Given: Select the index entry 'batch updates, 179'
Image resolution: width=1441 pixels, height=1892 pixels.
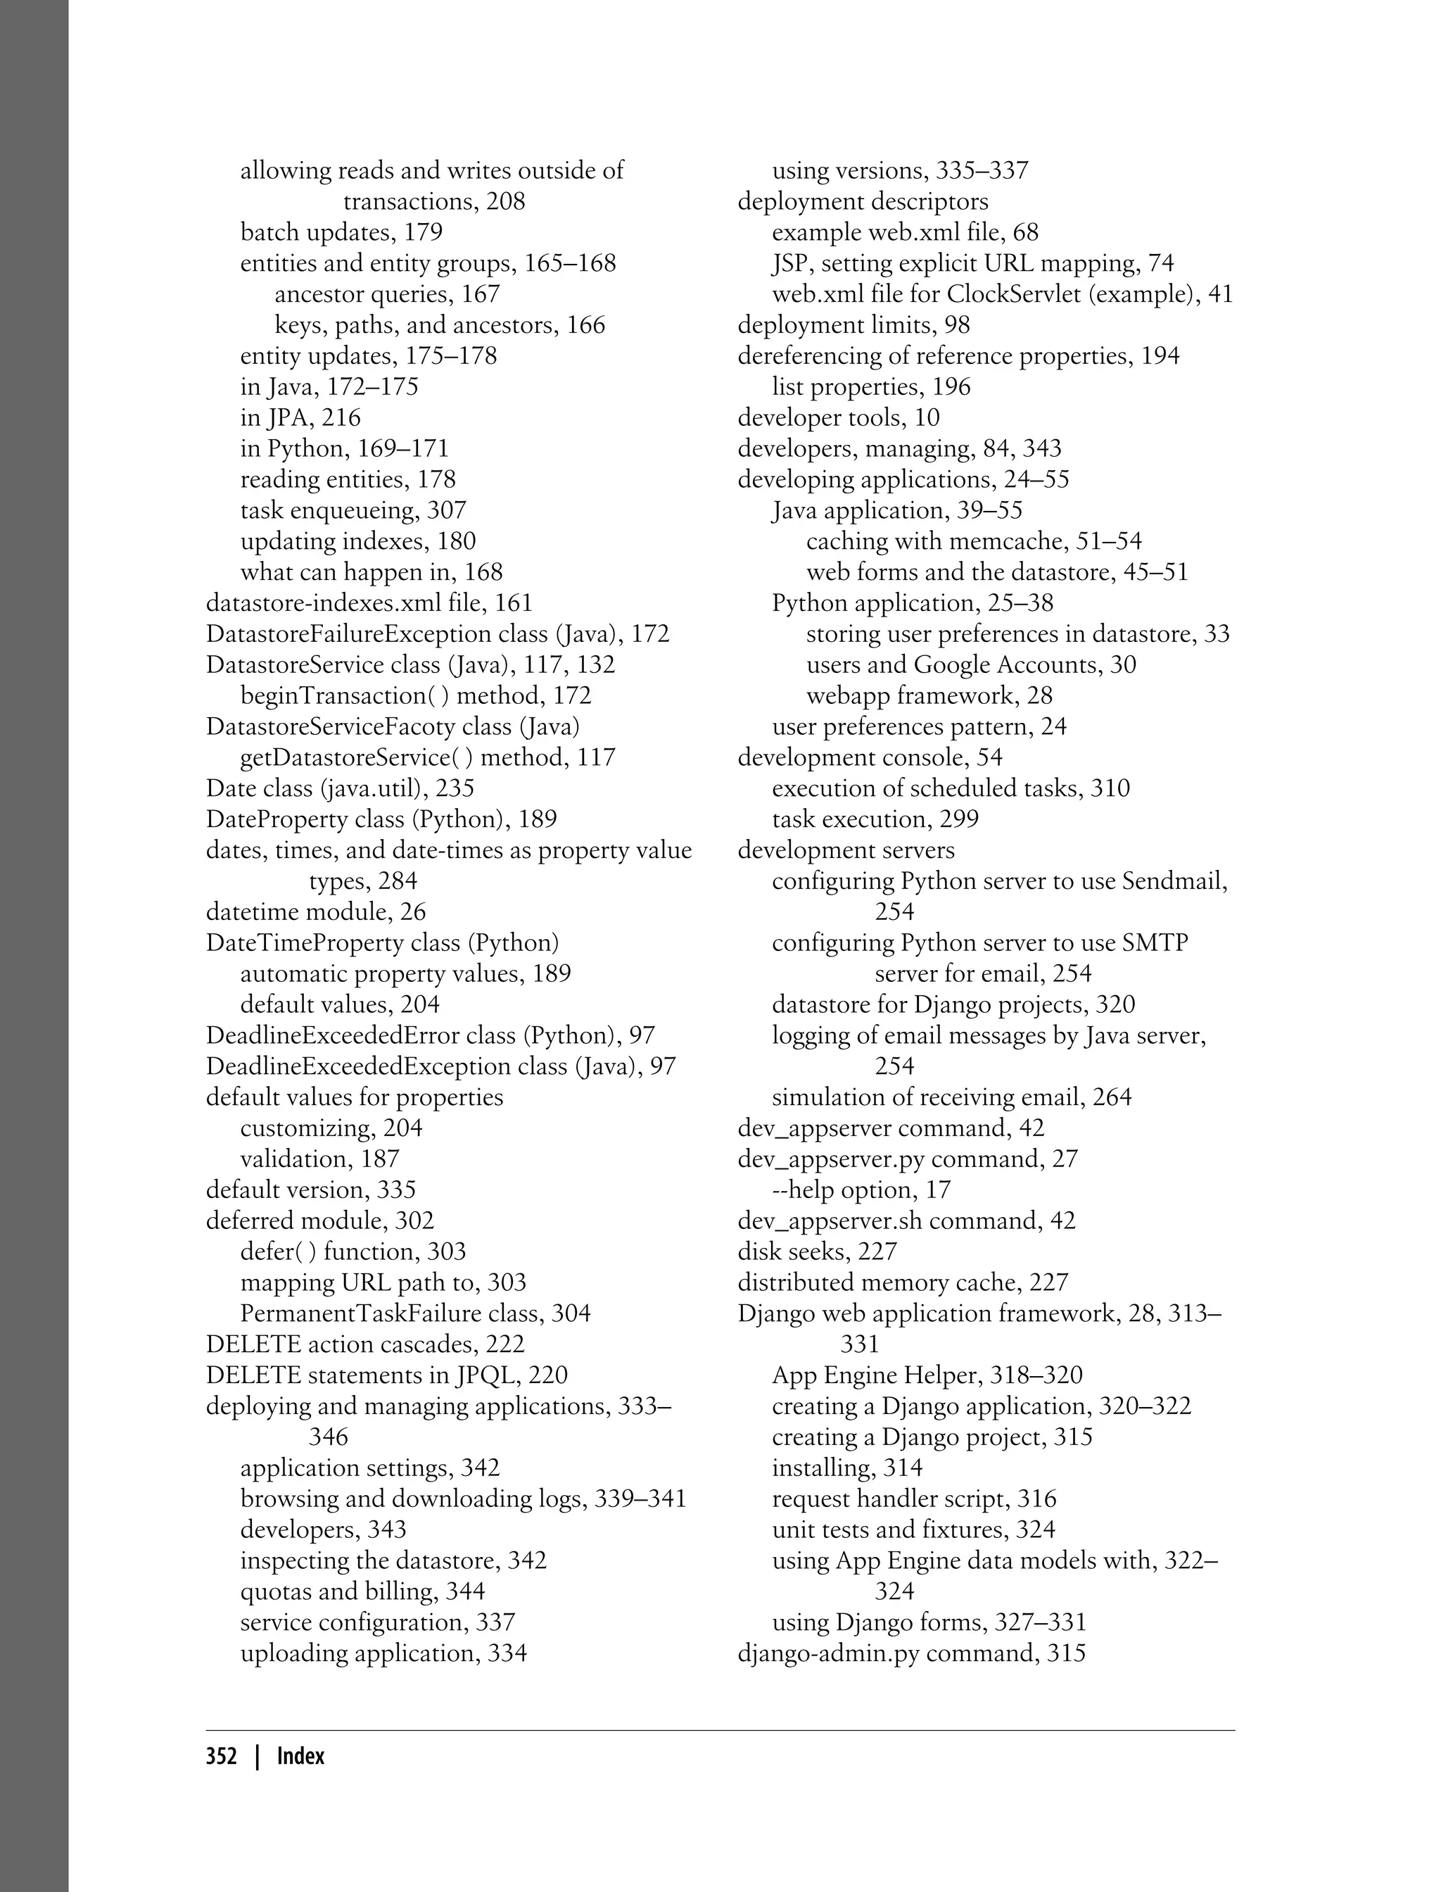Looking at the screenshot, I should click(x=341, y=232).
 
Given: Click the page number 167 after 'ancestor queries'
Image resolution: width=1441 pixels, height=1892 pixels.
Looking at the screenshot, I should click(x=481, y=294).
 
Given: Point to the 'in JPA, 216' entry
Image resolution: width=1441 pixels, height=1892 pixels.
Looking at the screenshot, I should click(x=300, y=418).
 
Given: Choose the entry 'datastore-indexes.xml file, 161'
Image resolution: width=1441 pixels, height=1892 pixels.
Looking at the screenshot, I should click(x=369, y=603).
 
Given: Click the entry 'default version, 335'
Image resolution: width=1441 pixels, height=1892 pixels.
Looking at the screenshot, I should click(x=310, y=1190).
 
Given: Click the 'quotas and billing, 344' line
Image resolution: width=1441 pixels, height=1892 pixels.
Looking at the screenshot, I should click(x=362, y=1591).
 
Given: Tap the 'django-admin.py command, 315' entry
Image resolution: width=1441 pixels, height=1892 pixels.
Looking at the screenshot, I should click(x=911, y=1653).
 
